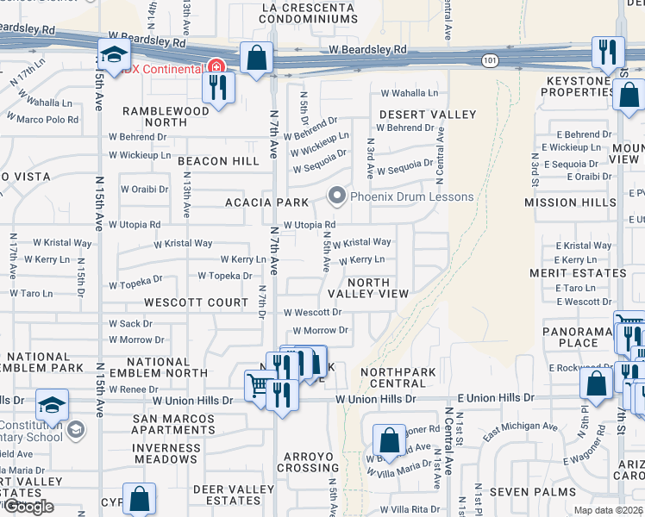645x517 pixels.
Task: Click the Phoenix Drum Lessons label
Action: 412,196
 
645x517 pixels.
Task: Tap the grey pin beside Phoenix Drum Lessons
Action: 337,196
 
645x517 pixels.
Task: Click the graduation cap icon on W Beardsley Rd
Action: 112,55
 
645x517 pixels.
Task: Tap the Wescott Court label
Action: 197,302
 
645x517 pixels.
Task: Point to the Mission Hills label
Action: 563,202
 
